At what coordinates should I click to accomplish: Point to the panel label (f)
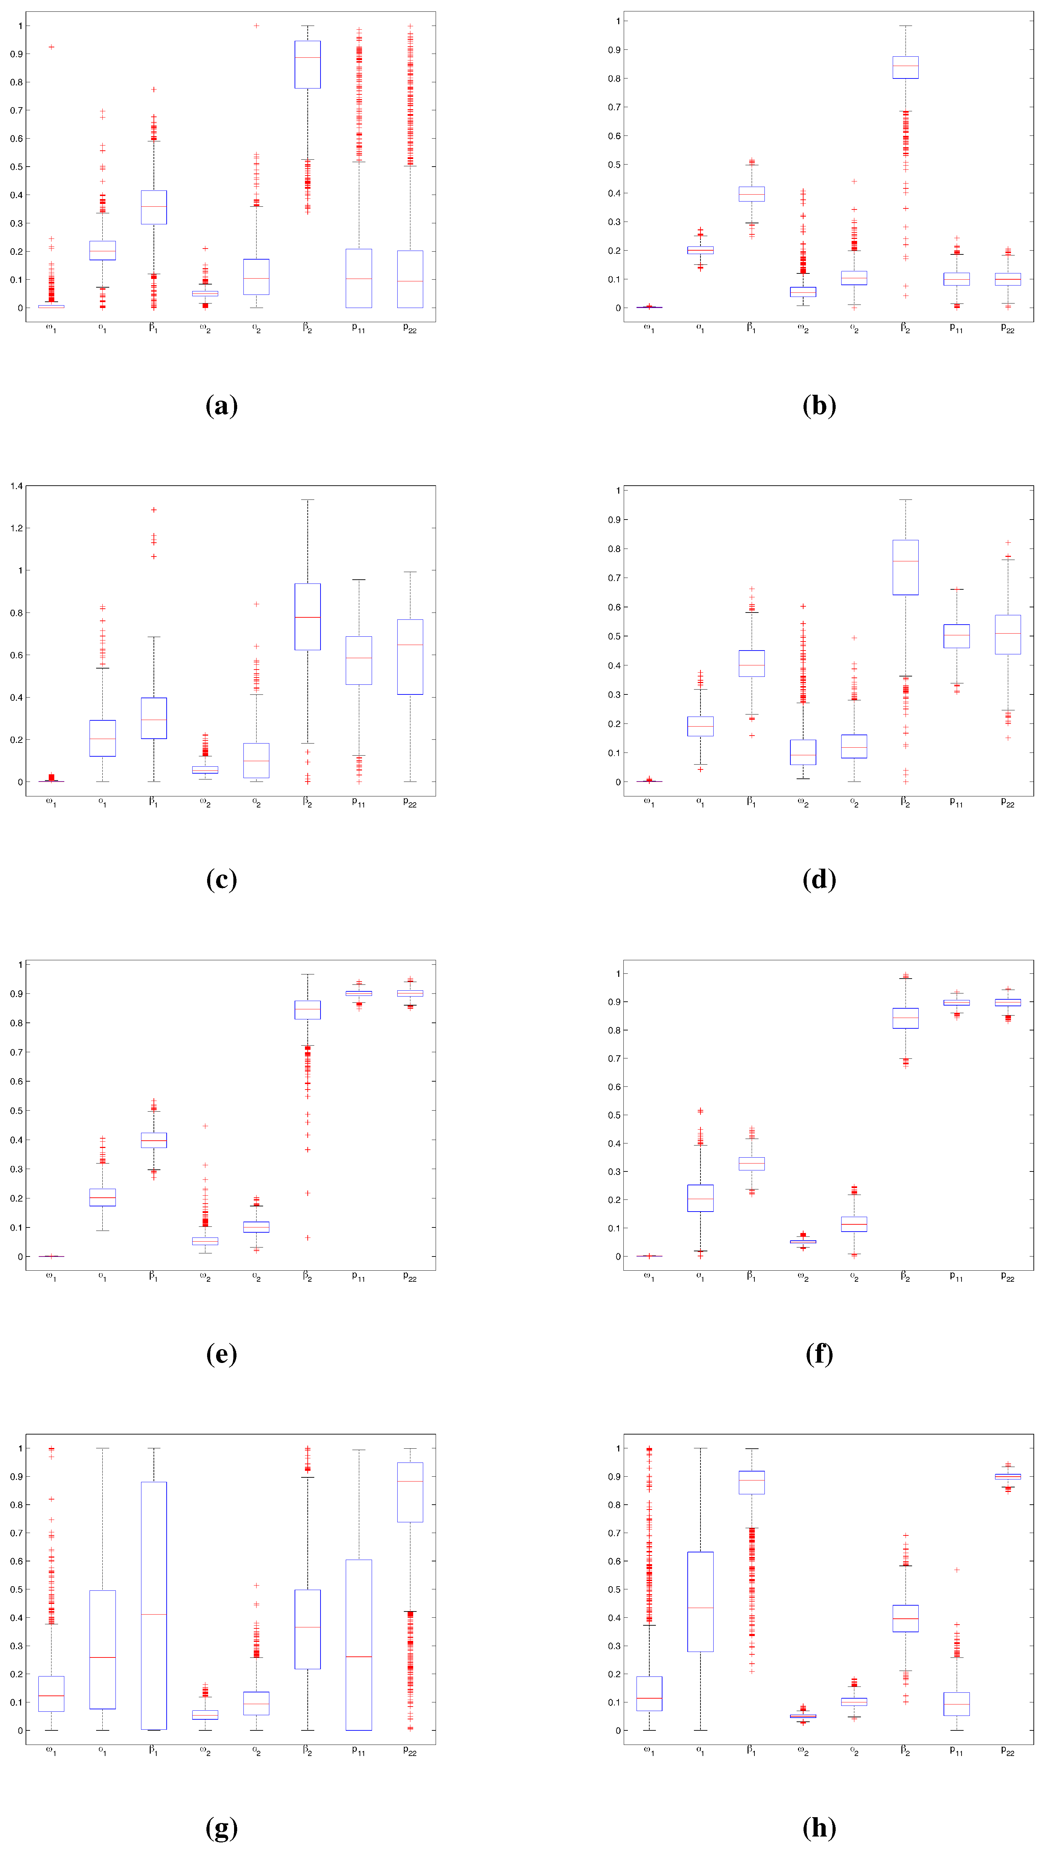coord(819,1354)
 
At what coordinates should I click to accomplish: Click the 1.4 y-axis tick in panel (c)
coord(16,486)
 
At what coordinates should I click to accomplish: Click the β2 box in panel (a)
coord(308,65)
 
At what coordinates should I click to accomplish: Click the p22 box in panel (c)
coord(410,657)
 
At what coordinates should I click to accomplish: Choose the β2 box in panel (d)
coord(906,568)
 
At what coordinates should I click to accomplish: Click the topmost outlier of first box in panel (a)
coord(51,47)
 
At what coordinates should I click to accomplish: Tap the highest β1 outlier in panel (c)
coord(154,510)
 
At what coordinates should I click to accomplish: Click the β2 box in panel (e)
coord(308,1010)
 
